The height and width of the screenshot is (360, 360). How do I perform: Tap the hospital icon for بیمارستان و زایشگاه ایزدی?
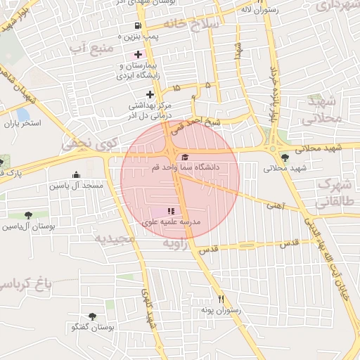point(137,54)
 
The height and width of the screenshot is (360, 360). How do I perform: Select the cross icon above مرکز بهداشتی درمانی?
point(149,94)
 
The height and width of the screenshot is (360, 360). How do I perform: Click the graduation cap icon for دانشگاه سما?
point(185,157)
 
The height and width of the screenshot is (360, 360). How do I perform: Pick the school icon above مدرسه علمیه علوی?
point(169,210)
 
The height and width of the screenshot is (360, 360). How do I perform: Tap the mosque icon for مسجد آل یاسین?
point(76,174)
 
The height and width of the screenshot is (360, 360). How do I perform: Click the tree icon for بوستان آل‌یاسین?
point(27,215)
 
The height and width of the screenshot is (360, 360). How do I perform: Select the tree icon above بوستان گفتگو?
point(92,316)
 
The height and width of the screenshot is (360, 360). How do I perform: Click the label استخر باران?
point(22,124)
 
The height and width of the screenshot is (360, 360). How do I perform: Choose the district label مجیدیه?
point(115,240)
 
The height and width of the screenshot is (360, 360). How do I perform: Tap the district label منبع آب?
point(87,48)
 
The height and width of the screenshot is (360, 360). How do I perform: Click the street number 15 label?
point(175,87)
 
